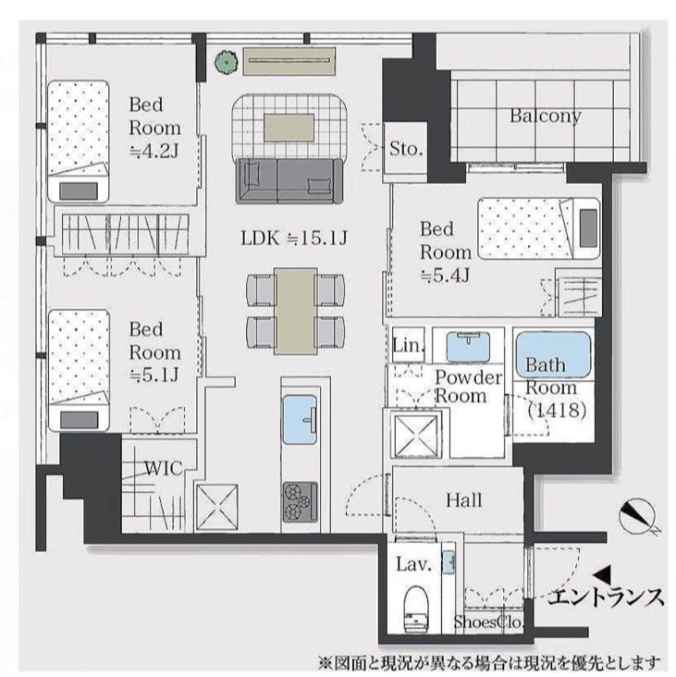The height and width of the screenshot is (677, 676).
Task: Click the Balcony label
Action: (546, 117)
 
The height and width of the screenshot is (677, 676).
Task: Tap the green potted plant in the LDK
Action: (227, 61)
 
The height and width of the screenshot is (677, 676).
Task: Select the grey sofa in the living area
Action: (289, 180)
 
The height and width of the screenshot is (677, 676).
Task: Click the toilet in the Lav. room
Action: (416, 608)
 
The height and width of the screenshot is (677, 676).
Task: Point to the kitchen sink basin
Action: (300, 419)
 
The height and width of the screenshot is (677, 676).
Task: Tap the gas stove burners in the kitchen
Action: (300, 501)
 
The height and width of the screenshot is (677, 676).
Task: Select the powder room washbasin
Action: (468, 346)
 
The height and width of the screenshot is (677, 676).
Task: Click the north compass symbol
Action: (639, 517)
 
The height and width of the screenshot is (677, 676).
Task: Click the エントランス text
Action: (606, 597)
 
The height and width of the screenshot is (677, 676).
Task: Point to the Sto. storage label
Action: (406, 149)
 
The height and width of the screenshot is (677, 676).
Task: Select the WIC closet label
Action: (163, 469)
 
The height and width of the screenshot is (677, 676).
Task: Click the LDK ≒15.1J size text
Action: (294, 239)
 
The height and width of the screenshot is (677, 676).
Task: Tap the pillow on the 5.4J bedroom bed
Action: (588, 228)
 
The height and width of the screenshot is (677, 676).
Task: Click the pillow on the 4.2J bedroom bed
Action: (78, 191)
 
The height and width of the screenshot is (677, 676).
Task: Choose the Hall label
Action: (463, 501)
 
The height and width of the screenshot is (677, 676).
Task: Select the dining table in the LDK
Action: (296, 311)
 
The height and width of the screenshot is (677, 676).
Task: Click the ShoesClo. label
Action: (487, 622)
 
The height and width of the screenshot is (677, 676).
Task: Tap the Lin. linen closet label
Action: (409, 345)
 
